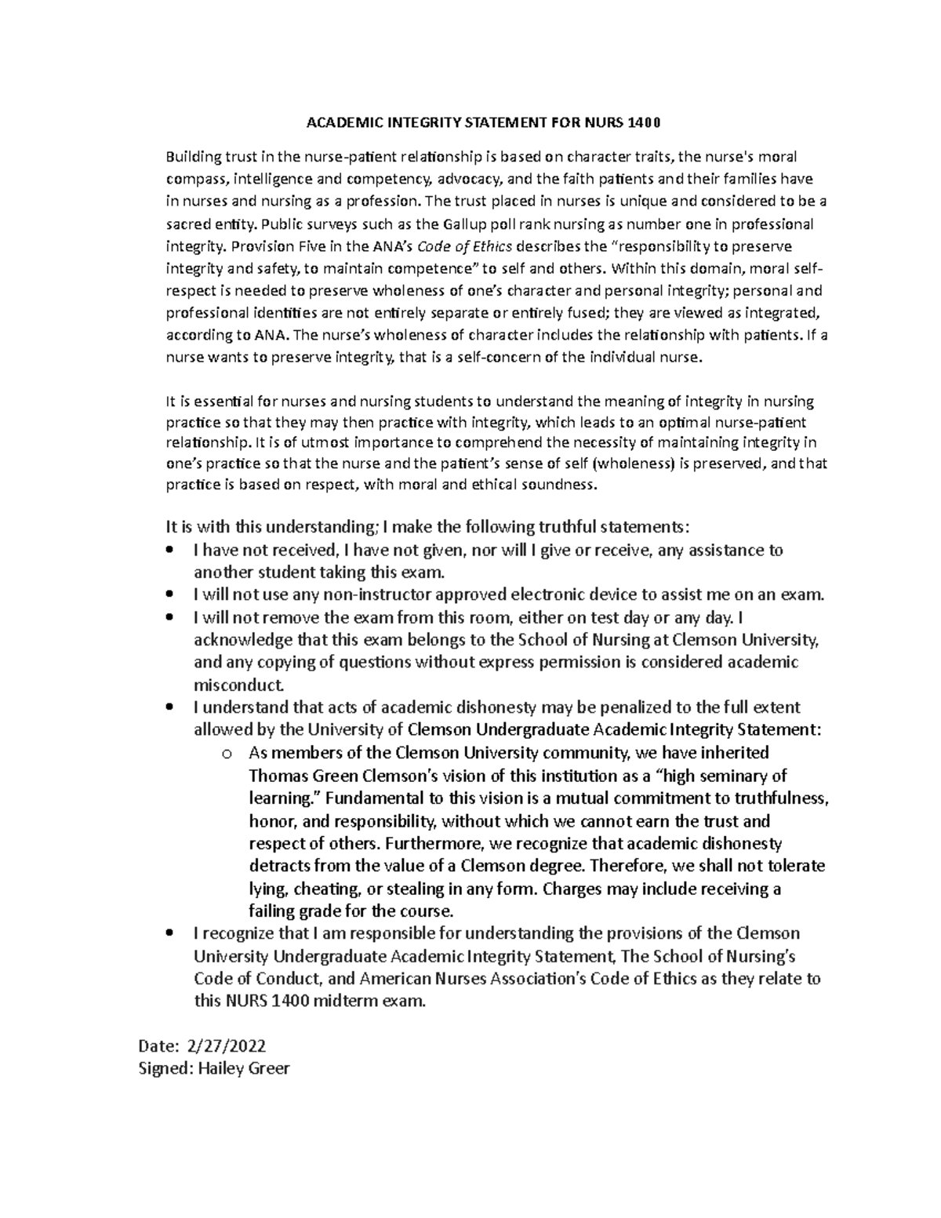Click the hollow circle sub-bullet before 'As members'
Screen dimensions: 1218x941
227,754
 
